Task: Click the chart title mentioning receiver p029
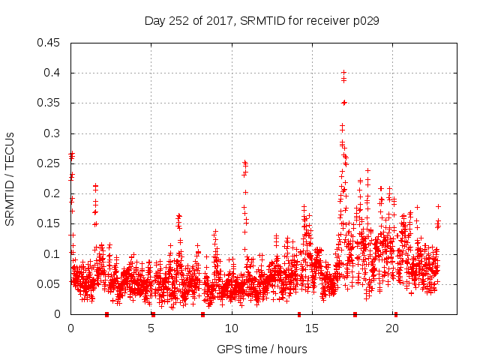tap(262, 21)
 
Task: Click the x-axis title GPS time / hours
tap(262, 349)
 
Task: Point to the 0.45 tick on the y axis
tap(49, 43)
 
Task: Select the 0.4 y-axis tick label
tap(52, 73)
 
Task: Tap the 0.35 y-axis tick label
tap(49, 103)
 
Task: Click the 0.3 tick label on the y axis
tap(52, 133)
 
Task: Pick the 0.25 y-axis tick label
tap(49, 163)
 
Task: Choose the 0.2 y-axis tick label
tap(52, 193)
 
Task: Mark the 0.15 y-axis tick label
tap(49, 223)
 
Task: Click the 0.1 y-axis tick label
tap(52, 253)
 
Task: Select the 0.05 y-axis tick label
tap(49, 284)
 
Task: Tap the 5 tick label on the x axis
tap(151, 328)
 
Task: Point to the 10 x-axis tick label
tap(231, 328)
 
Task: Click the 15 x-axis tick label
tap(311, 328)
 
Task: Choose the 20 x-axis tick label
tap(391, 328)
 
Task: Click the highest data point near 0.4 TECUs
tap(343, 73)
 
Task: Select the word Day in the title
tap(155, 21)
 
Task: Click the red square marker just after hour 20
tap(396, 314)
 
